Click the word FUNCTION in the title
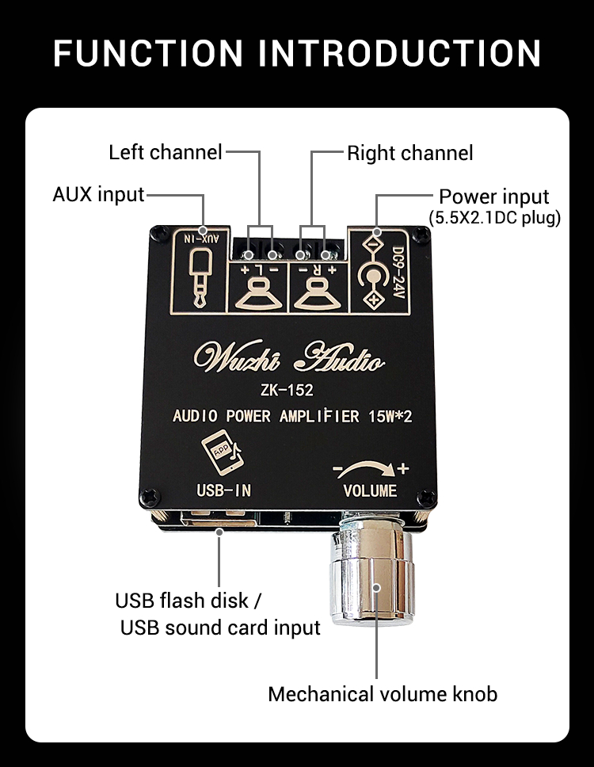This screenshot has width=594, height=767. pyautogui.click(x=147, y=52)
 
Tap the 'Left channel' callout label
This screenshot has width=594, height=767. pyautogui.click(x=165, y=151)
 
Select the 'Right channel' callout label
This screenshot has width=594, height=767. pyautogui.click(x=409, y=152)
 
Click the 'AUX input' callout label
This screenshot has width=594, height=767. pyautogui.click(x=98, y=194)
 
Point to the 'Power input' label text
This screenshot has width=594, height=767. pyautogui.click(x=493, y=197)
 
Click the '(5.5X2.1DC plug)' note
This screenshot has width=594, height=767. pyautogui.click(x=494, y=217)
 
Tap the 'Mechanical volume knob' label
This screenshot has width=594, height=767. pyautogui.click(x=383, y=694)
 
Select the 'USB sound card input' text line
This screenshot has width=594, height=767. pyautogui.click(x=220, y=628)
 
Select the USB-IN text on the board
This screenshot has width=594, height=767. pyautogui.click(x=223, y=490)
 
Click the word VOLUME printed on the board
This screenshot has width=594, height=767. pyautogui.click(x=370, y=490)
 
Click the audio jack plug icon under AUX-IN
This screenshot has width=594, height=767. pyautogui.click(x=200, y=280)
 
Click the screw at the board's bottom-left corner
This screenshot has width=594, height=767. pyautogui.click(x=150, y=497)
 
